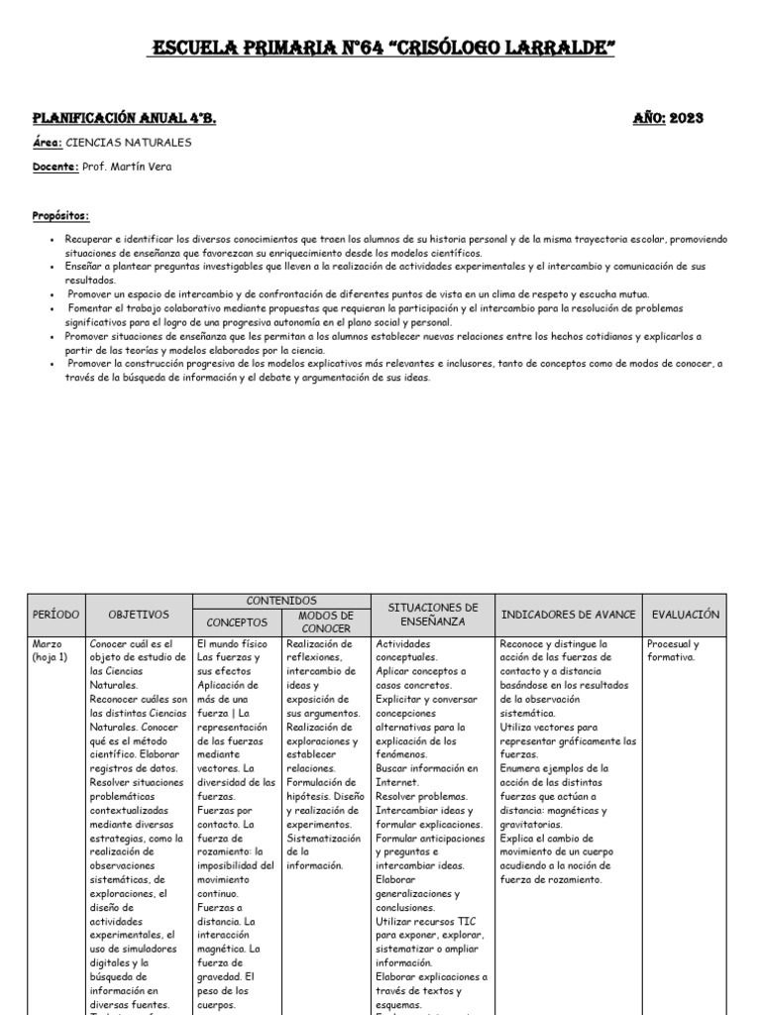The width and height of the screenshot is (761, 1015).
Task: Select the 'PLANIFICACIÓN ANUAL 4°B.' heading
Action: click(x=125, y=118)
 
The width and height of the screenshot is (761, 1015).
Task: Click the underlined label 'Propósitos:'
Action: click(x=60, y=215)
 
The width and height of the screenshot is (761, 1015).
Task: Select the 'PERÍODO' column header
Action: click(x=54, y=615)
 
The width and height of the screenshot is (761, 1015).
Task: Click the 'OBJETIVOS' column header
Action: click(x=139, y=615)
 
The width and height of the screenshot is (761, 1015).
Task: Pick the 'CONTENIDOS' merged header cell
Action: click(x=282, y=601)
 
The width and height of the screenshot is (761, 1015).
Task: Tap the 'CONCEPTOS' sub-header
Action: click(x=237, y=622)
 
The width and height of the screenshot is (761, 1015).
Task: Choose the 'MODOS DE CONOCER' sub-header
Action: click(x=327, y=621)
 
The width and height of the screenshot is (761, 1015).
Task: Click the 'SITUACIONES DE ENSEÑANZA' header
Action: click(x=432, y=615)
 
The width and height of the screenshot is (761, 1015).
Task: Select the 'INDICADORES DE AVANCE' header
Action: click(x=569, y=615)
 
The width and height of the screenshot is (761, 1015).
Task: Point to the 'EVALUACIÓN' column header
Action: click(x=685, y=615)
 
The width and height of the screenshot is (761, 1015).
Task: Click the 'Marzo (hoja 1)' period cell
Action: click(x=52, y=649)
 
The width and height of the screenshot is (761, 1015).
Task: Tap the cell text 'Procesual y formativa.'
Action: click(x=673, y=649)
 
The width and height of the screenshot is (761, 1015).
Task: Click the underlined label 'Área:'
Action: click(x=48, y=143)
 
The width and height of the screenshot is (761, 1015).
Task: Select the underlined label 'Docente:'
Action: click(x=56, y=167)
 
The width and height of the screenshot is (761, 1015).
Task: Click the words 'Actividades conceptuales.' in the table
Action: click(x=405, y=649)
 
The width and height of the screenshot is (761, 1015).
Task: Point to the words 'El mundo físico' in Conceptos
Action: click(x=233, y=643)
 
